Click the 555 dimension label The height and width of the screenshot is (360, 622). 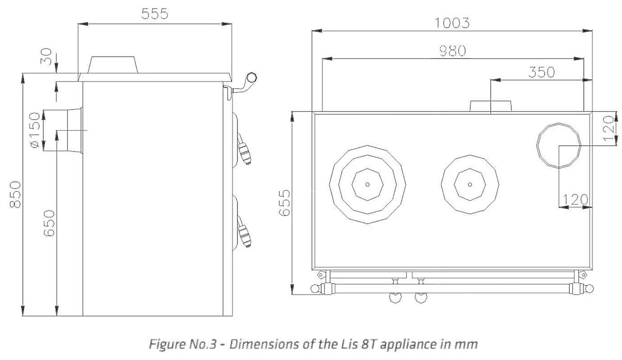(155, 13)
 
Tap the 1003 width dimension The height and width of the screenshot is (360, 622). (452, 23)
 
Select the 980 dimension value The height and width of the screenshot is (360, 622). (452, 51)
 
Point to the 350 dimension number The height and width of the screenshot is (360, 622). (541, 72)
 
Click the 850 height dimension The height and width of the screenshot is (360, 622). (15, 194)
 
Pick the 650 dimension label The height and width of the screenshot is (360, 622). (49, 223)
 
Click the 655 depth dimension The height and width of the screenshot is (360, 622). (284, 203)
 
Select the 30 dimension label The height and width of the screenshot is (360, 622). (46, 57)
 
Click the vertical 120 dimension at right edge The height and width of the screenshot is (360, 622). (609, 128)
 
